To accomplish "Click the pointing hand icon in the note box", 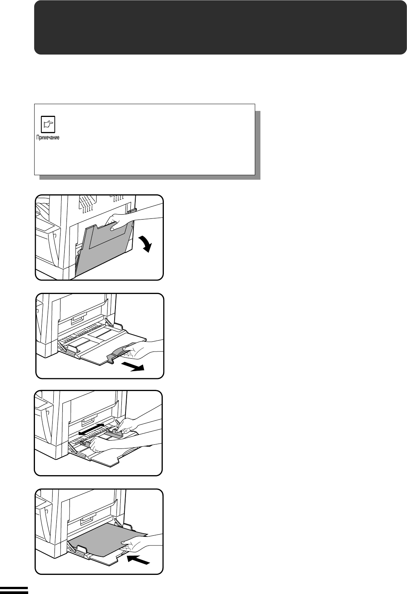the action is (x=48, y=124).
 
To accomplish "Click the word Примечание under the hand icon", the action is (x=48, y=137).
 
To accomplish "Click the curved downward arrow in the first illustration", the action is (x=145, y=244).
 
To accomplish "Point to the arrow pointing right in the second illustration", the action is (x=133, y=367).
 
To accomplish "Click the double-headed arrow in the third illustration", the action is (x=91, y=429).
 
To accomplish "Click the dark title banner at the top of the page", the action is (x=220, y=27).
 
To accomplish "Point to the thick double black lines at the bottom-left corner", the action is (x=14, y=590).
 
